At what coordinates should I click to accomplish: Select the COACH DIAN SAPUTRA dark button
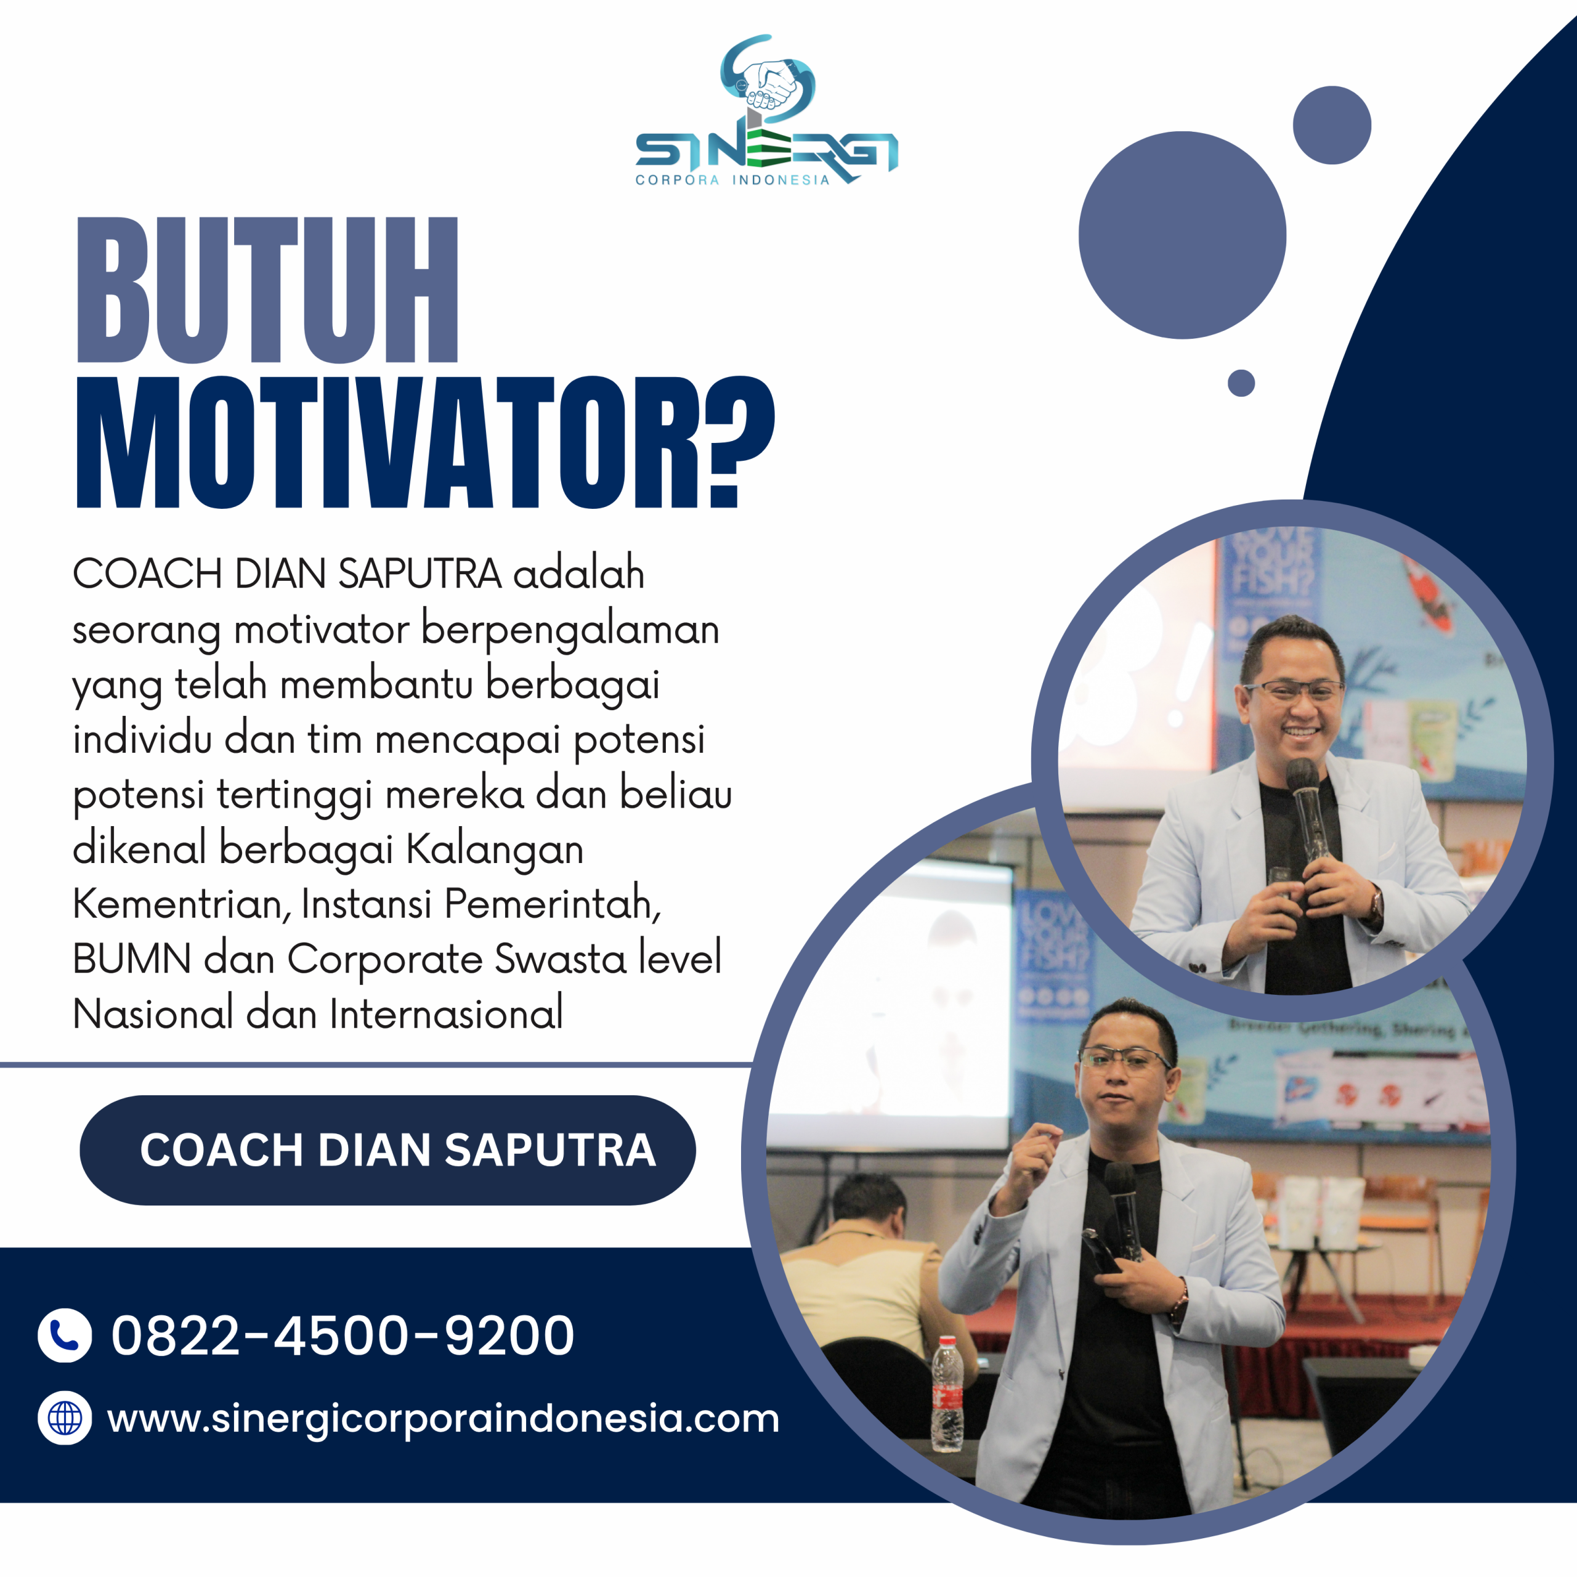[x=387, y=1150]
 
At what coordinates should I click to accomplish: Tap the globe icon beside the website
[x=65, y=1418]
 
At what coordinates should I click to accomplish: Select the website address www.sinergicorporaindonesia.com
[x=444, y=1419]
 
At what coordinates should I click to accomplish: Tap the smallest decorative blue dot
[x=1241, y=383]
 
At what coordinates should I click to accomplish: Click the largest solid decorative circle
[x=1182, y=235]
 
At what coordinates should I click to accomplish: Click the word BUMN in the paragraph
[x=131, y=959]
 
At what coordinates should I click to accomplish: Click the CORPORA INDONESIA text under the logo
[x=732, y=180]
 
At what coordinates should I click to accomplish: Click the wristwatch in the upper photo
[x=1377, y=904]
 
